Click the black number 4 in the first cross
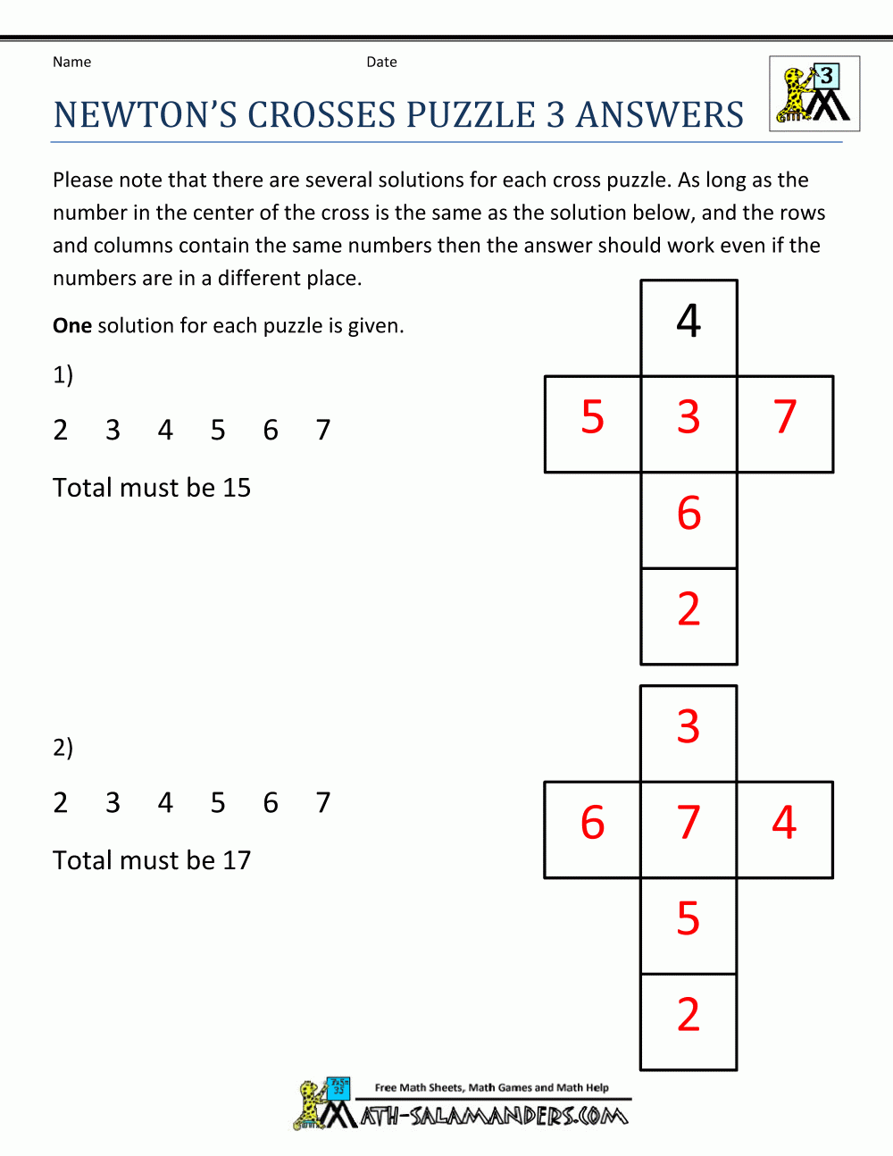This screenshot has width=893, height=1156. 689,321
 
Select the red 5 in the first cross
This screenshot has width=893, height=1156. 593,417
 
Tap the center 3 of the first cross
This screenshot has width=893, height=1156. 689,417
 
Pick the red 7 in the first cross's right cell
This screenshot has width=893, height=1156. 785,417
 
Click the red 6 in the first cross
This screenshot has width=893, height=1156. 689,514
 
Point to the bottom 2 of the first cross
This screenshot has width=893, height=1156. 689,609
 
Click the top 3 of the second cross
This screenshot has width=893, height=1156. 689,726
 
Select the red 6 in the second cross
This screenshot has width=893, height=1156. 593,823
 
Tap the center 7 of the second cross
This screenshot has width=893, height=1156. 689,823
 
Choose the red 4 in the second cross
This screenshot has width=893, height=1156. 784,823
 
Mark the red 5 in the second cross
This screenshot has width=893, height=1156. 689,918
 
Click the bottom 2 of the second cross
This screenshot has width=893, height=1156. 689,1015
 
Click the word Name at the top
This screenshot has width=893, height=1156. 71,63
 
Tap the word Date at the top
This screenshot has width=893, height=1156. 381,63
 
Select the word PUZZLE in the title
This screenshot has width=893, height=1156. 471,116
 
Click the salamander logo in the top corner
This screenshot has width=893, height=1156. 814,94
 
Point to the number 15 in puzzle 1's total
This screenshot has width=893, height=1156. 237,488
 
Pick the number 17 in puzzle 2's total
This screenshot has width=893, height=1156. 237,860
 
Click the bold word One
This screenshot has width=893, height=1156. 72,326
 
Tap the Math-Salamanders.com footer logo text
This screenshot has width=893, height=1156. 494,1116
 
